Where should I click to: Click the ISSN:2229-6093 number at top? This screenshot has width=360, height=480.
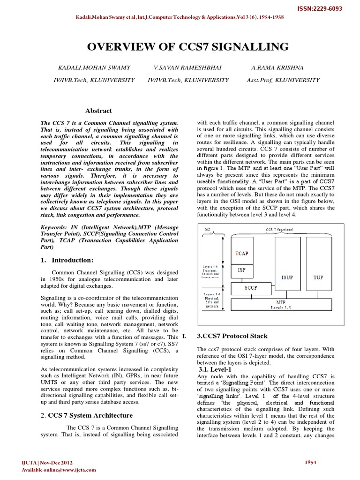click(324, 8)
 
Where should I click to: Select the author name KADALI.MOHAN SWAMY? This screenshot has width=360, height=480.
click(94, 68)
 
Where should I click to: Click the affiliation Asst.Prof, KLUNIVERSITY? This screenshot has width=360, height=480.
click(283, 80)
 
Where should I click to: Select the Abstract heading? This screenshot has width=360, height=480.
click(98, 111)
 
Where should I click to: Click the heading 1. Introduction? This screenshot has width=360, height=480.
click(67, 260)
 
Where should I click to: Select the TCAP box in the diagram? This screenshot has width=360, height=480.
click(242, 254)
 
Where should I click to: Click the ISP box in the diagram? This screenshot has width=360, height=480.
click(242, 270)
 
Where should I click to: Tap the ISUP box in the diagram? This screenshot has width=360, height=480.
click(287, 277)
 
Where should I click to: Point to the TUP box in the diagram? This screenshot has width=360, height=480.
click(318, 277)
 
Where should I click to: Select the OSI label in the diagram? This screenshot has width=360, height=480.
click(208, 230)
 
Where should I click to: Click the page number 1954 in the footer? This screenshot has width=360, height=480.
click(310, 462)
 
